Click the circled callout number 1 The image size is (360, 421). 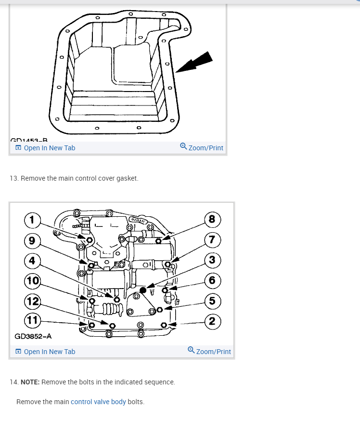click(x=32, y=220)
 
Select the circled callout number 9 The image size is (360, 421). click(x=32, y=240)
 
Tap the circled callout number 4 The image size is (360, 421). click(x=32, y=261)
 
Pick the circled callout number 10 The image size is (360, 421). click(x=32, y=280)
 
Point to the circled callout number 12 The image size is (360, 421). click(x=32, y=302)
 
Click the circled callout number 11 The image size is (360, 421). click(x=32, y=319)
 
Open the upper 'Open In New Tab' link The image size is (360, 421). click(x=45, y=148)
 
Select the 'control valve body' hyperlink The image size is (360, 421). click(x=98, y=402)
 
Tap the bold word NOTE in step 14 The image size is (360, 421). click(x=30, y=382)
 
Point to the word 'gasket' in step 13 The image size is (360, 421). click(x=127, y=178)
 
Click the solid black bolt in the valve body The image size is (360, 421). click(x=142, y=290)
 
